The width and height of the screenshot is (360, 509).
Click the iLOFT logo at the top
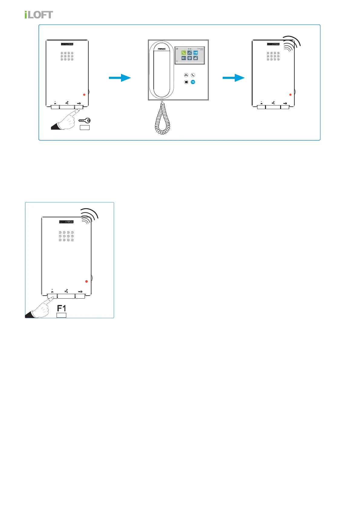pos(39,15)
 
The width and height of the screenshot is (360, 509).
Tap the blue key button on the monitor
pos(193,82)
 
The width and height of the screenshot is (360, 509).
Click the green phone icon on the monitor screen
pos(184,53)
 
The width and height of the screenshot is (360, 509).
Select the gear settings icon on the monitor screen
pos(190,58)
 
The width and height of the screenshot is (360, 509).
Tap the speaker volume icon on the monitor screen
pos(184,58)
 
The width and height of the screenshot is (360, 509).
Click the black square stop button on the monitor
pos(186,82)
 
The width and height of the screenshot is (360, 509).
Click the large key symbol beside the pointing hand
pos(84,121)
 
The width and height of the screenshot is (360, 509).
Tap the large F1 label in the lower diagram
pos(62,308)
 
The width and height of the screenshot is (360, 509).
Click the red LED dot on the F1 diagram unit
pos(87,281)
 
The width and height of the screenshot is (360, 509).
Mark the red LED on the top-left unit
pos(84,95)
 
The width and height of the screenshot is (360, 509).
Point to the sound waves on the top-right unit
pos(292,44)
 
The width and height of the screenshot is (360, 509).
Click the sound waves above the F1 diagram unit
pos(90,216)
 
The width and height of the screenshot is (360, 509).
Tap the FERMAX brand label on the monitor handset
pos(162,49)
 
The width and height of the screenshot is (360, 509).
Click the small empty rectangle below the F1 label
pos(62,315)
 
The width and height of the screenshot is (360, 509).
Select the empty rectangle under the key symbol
pos(84,128)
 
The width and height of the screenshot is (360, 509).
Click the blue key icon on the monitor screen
pos(195,53)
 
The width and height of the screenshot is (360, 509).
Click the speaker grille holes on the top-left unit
pos(67,56)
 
